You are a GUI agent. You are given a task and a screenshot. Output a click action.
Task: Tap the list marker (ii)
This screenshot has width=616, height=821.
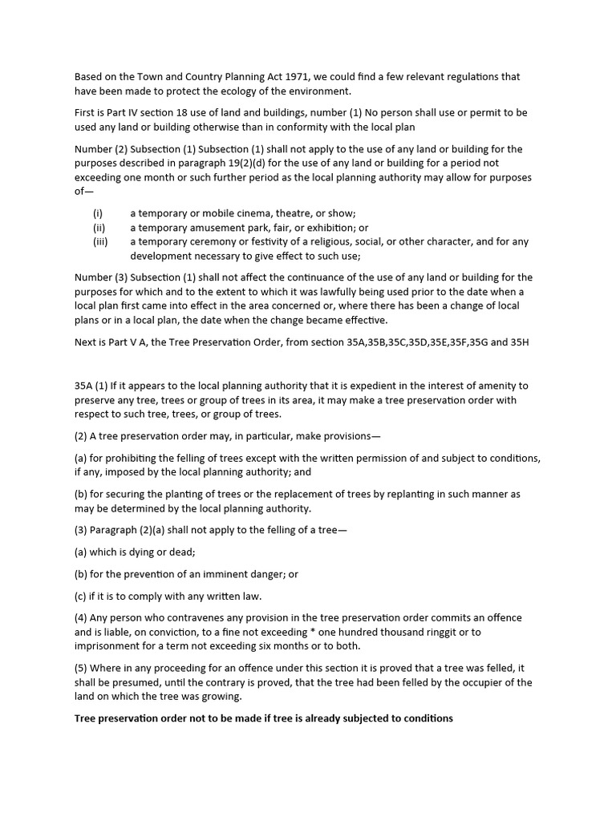pyautogui.click(x=99, y=228)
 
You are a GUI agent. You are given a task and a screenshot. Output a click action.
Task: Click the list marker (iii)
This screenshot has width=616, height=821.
pyautogui.click(x=100, y=242)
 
